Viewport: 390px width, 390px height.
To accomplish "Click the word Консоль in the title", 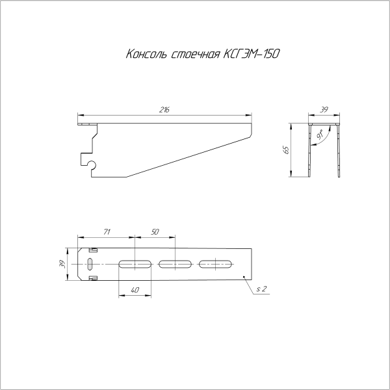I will (146, 54).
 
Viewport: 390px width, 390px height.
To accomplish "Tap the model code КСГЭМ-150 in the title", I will (251, 54).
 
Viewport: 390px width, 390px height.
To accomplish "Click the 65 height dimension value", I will (285, 150).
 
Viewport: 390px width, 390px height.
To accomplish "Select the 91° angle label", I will (321, 136).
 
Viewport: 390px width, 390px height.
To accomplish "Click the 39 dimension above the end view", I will (324, 110).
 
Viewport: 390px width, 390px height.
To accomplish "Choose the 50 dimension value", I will (155, 232).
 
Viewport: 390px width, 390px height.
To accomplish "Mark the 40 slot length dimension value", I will (135, 291).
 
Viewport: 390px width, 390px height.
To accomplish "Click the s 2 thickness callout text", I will (261, 288).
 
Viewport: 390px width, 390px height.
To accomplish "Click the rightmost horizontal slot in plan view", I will (216, 264).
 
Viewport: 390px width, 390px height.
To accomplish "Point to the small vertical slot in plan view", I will (90, 264).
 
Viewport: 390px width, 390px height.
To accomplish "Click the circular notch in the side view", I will (92, 165).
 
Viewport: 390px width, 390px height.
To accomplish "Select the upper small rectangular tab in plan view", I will (93, 250).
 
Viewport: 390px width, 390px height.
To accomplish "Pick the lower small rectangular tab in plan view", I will (93, 278).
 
